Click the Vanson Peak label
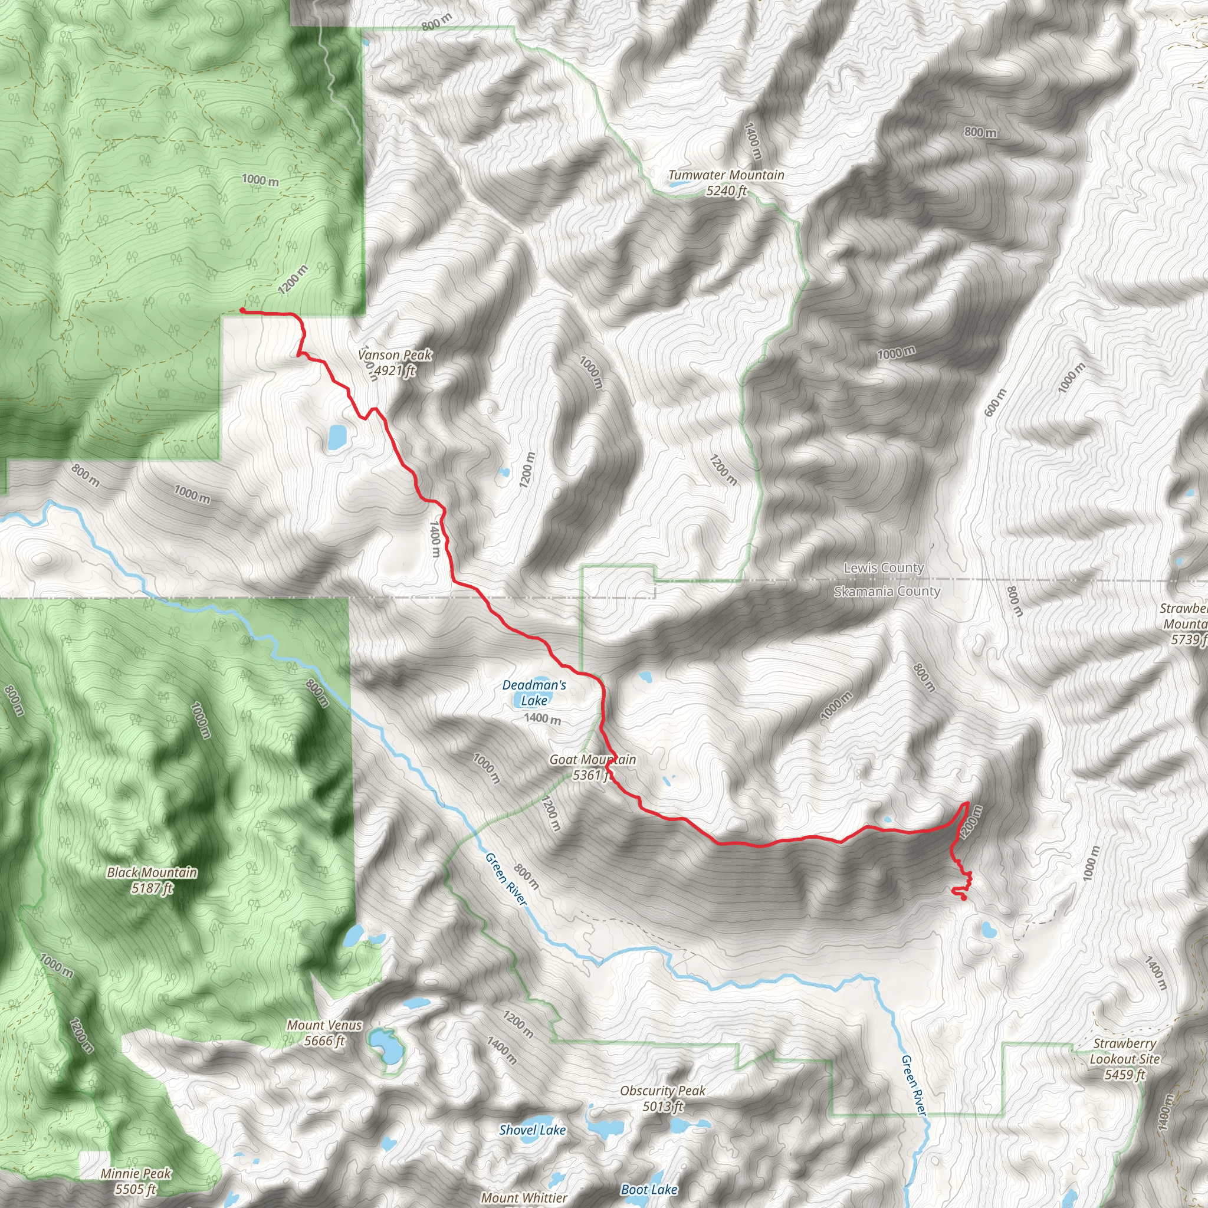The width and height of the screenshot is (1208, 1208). coord(395,355)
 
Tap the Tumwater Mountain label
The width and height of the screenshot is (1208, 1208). coord(726,175)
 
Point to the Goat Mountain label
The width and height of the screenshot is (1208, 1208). coord(592,760)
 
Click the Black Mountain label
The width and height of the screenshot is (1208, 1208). coord(152,872)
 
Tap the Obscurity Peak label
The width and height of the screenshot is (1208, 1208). coord(663,1091)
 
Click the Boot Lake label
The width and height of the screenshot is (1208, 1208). coord(649,1189)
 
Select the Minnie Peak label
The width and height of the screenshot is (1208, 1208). coord(136,1174)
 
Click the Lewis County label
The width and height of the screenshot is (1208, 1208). coord(884,568)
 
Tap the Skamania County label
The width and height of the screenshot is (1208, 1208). coord(887,592)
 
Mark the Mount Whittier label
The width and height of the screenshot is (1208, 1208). coord(524,1197)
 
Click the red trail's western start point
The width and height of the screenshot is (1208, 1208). coord(242,310)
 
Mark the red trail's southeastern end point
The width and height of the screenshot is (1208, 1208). coord(964,898)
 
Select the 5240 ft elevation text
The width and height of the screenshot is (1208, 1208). coord(726,191)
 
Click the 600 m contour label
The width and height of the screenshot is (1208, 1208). coord(995,403)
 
